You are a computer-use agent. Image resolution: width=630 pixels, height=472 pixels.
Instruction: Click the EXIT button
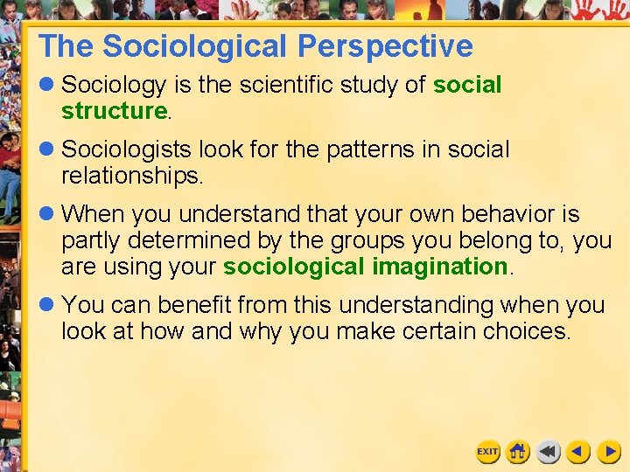pyautogui.click(x=487, y=452)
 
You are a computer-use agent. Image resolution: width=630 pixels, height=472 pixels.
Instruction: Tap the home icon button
pyautogui.click(x=518, y=452)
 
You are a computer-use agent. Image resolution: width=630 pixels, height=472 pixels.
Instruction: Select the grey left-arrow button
pyautogui.click(x=549, y=452)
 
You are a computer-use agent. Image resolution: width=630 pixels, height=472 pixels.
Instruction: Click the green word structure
pyautogui.click(x=114, y=111)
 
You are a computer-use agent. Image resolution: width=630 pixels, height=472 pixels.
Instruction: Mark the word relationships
pyautogui.click(x=131, y=176)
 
